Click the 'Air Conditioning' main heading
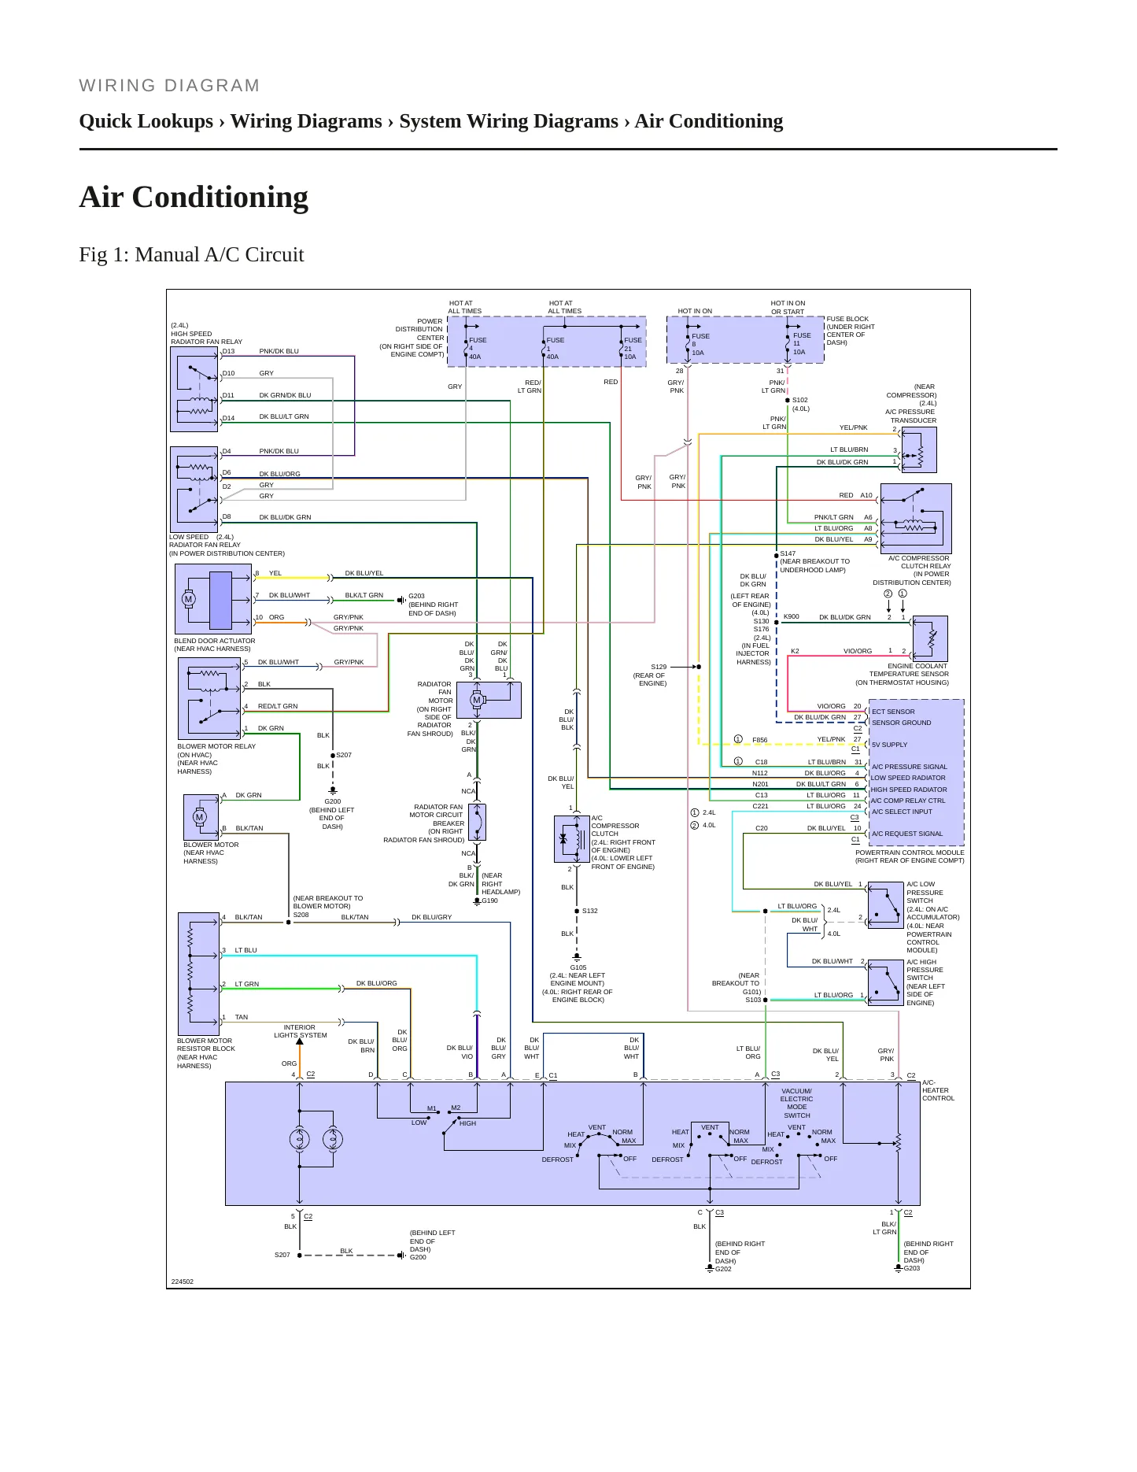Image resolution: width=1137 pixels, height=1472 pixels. [x=194, y=197]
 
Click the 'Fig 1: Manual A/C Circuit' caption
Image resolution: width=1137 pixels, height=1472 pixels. [x=191, y=254]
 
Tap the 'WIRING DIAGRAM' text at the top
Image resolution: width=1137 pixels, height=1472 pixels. [x=169, y=86]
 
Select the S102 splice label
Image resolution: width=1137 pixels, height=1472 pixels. [x=799, y=400]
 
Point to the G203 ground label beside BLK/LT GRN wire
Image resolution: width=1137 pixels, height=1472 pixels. [x=416, y=596]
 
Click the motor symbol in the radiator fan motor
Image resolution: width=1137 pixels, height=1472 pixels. [x=476, y=700]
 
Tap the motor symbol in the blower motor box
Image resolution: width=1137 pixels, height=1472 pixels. [x=199, y=817]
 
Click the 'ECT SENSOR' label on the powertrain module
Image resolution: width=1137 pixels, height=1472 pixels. [x=893, y=712]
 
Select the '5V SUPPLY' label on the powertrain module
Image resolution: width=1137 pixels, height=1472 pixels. [x=889, y=745]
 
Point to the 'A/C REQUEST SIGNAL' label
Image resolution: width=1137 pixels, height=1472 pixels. [x=906, y=834]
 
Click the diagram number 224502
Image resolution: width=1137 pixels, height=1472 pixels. [x=182, y=1282]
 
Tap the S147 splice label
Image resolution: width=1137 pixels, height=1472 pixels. [x=788, y=553]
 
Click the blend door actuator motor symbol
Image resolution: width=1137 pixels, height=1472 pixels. [x=188, y=599]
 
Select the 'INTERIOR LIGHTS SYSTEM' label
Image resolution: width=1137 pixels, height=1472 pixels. [x=301, y=1031]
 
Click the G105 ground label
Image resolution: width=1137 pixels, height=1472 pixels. [x=578, y=967]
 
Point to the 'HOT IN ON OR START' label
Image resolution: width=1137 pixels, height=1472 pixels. [x=788, y=307]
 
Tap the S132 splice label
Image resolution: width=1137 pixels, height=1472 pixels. [x=590, y=911]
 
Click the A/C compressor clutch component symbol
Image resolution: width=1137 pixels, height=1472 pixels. [x=572, y=839]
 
